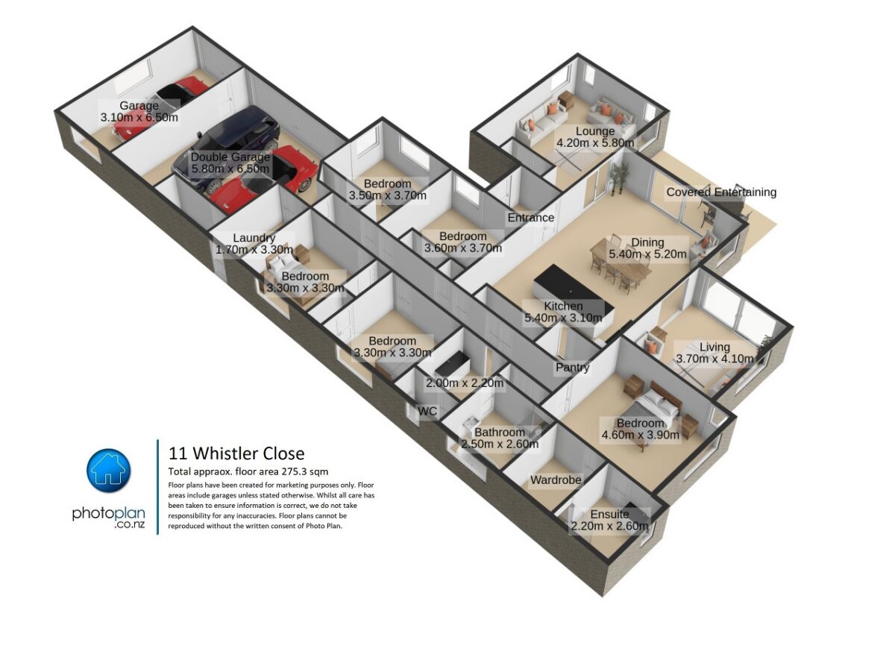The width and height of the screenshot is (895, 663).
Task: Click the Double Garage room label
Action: coord(230,163)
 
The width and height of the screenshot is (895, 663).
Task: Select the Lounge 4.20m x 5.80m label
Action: coord(595,136)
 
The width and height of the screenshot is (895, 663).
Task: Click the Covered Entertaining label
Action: coord(721,192)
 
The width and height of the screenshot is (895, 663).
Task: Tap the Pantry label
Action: coord(572,367)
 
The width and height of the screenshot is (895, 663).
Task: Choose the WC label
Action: coord(427,411)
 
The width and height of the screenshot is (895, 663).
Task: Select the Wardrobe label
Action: coord(556,480)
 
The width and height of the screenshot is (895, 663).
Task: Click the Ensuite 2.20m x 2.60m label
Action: coord(609,520)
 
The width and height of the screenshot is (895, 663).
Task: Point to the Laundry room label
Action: coord(254,244)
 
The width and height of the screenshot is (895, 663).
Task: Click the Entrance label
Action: coord(530,218)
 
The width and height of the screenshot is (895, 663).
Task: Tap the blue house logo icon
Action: coord(109,471)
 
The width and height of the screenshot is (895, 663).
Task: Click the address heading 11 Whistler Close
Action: coord(236,453)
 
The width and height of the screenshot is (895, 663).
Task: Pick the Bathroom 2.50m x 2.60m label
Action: coord(500,439)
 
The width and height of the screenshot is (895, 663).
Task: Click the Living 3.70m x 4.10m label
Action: coord(715,353)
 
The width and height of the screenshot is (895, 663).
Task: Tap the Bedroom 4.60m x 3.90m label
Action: coord(641,429)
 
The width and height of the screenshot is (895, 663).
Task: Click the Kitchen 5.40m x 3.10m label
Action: coord(563,312)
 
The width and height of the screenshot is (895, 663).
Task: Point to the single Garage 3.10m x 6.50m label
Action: coord(139,111)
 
